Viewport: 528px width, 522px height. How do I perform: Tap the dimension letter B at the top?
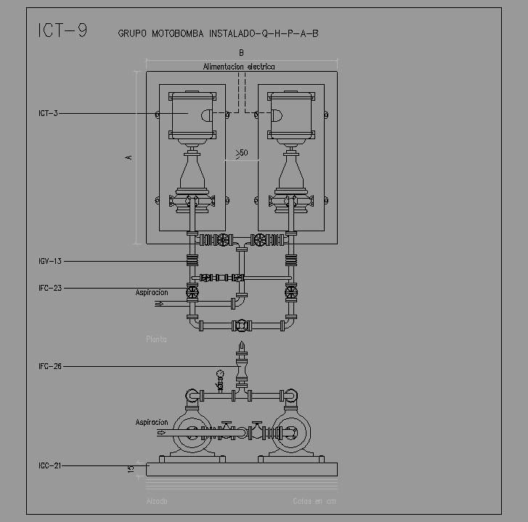point(241,53)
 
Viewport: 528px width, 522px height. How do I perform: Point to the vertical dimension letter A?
point(129,157)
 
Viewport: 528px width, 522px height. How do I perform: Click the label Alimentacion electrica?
point(239,67)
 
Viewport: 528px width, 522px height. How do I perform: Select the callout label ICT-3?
point(48,113)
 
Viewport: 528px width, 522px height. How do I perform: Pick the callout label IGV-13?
point(50,261)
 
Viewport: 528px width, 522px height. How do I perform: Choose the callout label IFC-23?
point(50,288)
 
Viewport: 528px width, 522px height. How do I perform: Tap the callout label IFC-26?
point(50,366)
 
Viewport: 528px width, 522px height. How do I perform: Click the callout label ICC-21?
point(50,465)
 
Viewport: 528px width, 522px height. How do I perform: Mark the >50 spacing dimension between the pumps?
point(241,153)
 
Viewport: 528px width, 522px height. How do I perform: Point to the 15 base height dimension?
point(131,469)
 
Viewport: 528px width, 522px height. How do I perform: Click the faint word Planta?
point(156,339)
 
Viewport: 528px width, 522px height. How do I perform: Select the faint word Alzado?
point(156,500)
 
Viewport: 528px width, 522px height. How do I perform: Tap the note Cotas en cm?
point(314,500)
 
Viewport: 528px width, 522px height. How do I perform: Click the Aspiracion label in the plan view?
point(151,292)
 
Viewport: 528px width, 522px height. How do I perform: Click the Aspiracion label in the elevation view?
point(151,422)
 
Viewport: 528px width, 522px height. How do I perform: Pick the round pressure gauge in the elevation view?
point(219,375)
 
